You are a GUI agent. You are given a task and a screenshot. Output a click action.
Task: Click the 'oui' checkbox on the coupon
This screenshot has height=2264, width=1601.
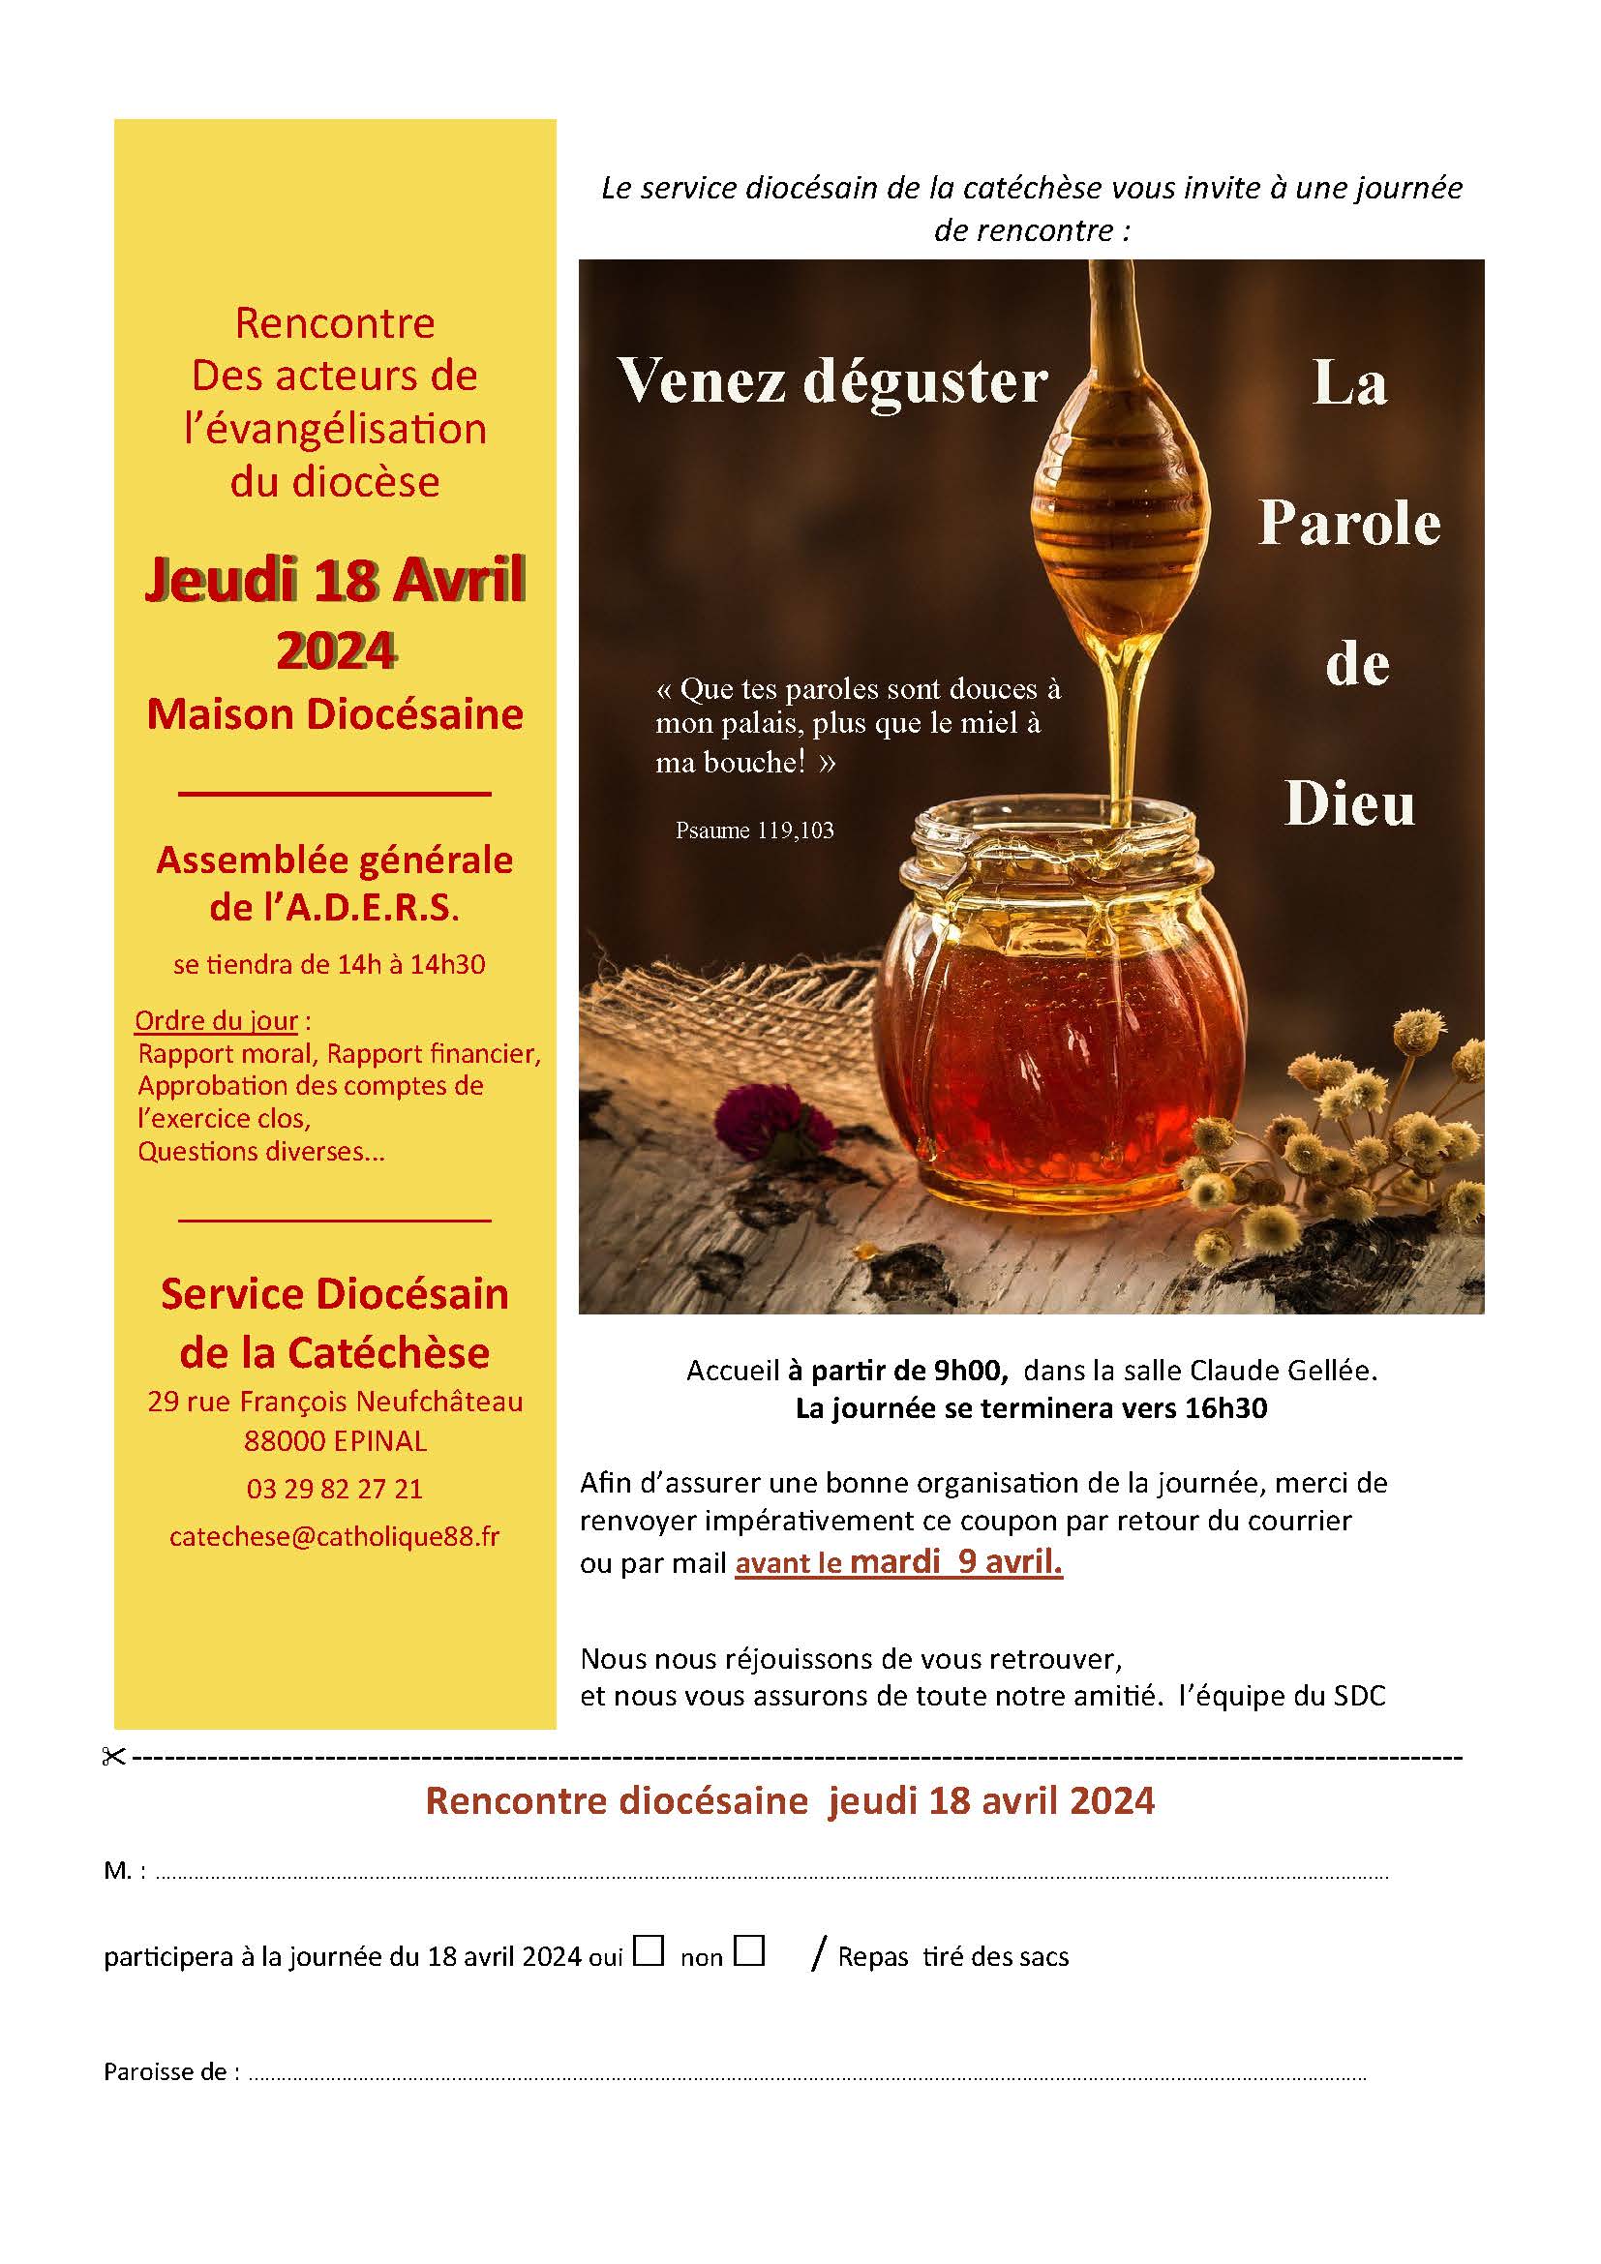(648, 1950)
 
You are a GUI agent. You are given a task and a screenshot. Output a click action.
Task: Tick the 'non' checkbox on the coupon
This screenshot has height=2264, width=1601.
(749, 1950)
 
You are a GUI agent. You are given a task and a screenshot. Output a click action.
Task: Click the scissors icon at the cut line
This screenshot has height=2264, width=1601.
(113, 1757)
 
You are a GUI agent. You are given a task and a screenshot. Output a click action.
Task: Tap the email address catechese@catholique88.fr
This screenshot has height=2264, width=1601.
(334, 1536)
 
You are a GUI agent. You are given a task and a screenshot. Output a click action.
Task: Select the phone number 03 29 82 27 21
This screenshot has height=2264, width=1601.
(334, 1489)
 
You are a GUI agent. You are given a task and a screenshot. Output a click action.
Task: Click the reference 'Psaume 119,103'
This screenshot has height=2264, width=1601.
(754, 830)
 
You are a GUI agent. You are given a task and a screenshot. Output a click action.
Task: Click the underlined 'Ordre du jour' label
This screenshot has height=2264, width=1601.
(216, 1020)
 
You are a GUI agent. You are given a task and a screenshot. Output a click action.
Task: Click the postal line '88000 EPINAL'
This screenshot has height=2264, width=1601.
(335, 1441)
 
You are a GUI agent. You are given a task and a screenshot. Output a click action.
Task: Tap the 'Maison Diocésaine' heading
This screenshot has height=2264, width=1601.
(334, 715)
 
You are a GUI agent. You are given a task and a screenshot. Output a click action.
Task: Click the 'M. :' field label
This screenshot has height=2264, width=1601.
(124, 1871)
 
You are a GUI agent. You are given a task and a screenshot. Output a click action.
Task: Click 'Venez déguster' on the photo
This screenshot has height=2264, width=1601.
(831, 381)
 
